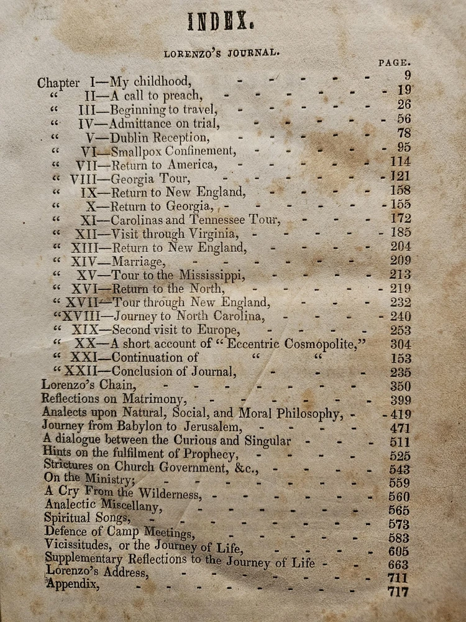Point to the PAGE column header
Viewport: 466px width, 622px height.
click(x=394, y=62)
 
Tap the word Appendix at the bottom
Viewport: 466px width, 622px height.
click(x=73, y=584)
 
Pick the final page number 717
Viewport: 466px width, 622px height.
click(x=398, y=592)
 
